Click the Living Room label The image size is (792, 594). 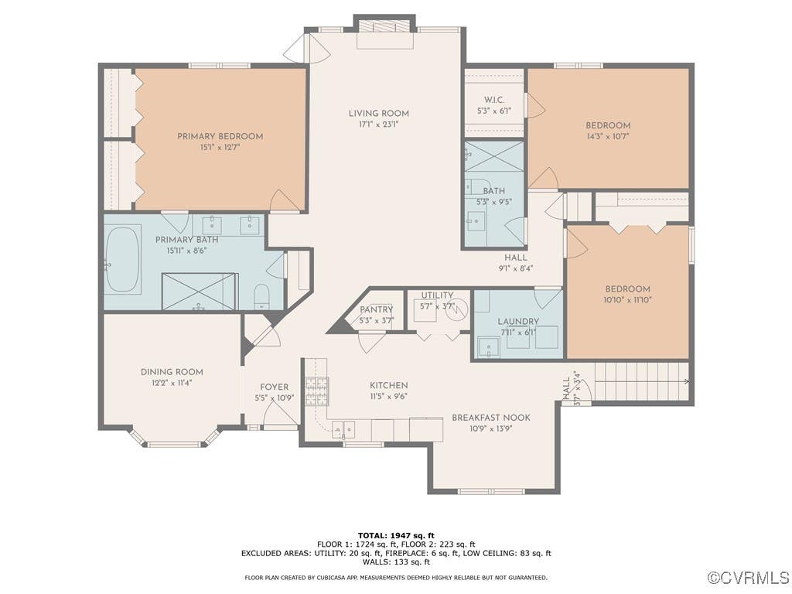[x=379, y=114]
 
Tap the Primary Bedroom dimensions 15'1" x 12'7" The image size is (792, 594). [x=220, y=148]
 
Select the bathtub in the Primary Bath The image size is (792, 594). [x=123, y=259]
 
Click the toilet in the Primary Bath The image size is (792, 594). [x=261, y=297]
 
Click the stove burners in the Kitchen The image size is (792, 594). [x=316, y=391]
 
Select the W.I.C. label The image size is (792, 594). [x=494, y=100]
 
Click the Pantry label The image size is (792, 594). [x=377, y=309]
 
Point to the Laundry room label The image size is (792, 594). [x=518, y=321]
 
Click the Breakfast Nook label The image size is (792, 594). [x=491, y=418]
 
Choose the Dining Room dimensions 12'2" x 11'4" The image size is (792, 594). [x=172, y=383]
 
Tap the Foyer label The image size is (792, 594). [x=275, y=387]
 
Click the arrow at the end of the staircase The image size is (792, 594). [x=687, y=382]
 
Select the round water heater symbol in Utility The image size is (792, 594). [x=456, y=309]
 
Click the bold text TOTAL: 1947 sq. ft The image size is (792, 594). [x=396, y=535]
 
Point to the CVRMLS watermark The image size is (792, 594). [x=748, y=577]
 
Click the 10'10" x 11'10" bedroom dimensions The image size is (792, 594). [x=627, y=299]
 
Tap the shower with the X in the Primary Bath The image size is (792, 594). [x=200, y=292]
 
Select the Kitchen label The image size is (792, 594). [x=389, y=385]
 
